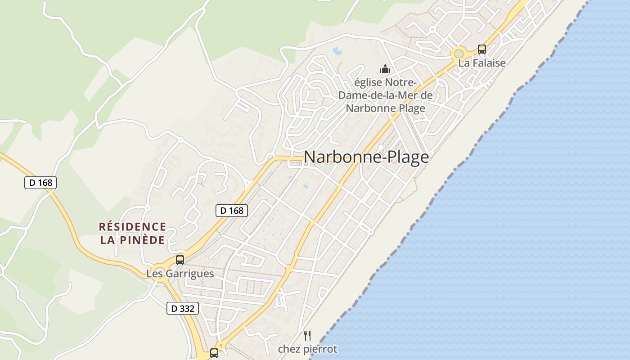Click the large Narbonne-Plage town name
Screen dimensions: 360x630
coord(366,157)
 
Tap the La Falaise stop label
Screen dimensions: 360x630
coord(482,63)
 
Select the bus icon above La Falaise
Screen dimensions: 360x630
coord(482,49)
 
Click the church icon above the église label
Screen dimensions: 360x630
coord(385,69)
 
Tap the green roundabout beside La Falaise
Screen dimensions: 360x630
coord(459,54)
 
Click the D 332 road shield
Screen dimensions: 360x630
coord(183,308)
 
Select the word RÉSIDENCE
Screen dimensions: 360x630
coord(132,226)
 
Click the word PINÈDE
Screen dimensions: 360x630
coord(142,240)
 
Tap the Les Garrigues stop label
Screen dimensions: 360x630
coord(180,274)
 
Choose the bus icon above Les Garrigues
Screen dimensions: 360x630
coord(180,260)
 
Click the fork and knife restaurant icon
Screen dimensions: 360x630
coord(307,335)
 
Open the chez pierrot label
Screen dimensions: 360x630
coord(307,349)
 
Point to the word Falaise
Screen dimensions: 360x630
coord(489,63)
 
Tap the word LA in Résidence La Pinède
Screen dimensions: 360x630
coord(107,240)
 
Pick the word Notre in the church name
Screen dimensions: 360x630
coord(400,83)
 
